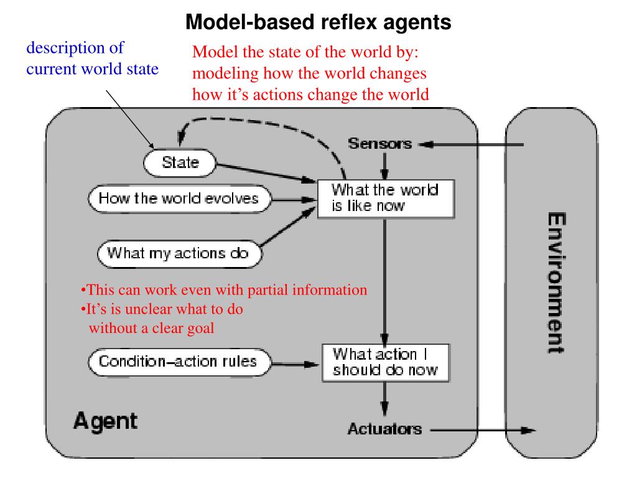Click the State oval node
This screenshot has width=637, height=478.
click(180, 162)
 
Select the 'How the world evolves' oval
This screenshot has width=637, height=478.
click(180, 199)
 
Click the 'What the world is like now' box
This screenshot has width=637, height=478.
click(386, 199)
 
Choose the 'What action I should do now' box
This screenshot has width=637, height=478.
click(386, 363)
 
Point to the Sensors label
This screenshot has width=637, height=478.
click(380, 144)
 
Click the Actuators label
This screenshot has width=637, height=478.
click(384, 429)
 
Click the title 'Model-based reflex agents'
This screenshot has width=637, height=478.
click(318, 22)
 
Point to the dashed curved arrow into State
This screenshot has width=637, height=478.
click(260, 123)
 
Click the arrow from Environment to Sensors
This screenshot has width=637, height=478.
click(472, 144)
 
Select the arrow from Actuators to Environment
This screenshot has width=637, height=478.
click(483, 430)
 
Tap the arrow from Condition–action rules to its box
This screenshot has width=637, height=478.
click(295, 363)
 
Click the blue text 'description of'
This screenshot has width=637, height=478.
click(75, 48)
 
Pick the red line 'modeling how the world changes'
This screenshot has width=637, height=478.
click(309, 73)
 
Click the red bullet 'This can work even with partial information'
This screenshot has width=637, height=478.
click(224, 290)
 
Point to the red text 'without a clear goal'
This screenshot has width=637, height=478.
click(152, 328)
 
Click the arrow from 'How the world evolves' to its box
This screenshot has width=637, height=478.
click(294, 200)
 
